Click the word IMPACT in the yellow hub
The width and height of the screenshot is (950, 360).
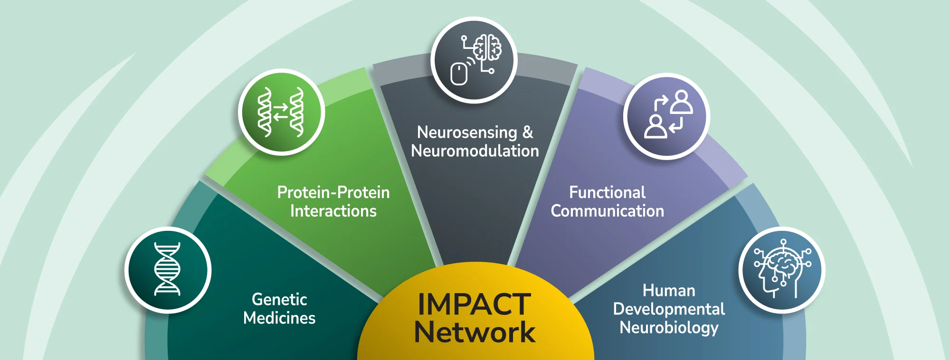click(474, 304)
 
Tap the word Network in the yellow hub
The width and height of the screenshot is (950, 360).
click(475, 332)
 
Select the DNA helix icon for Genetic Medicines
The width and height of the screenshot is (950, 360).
click(168, 269)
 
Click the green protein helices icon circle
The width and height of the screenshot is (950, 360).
click(281, 112)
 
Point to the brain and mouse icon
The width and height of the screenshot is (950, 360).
click(474, 60)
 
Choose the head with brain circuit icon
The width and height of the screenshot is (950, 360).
click(782, 270)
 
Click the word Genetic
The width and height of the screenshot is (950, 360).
click(279, 299)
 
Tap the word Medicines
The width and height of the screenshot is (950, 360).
click(279, 318)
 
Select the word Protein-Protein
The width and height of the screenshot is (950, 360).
click(333, 192)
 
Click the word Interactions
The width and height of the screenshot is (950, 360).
click(333, 211)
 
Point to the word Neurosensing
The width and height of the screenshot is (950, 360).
click(467, 133)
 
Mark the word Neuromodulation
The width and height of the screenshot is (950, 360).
click(475, 151)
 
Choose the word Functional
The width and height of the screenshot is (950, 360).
click(608, 192)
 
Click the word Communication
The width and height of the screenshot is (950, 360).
click(608, 211)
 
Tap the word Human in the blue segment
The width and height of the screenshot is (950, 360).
click(669, 290)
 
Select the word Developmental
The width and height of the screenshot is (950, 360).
click(669, 309)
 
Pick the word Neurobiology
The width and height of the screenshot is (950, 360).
click(669, 328)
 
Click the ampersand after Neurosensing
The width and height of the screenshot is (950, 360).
click(528, 132)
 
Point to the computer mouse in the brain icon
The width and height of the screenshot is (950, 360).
click(459, 74)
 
